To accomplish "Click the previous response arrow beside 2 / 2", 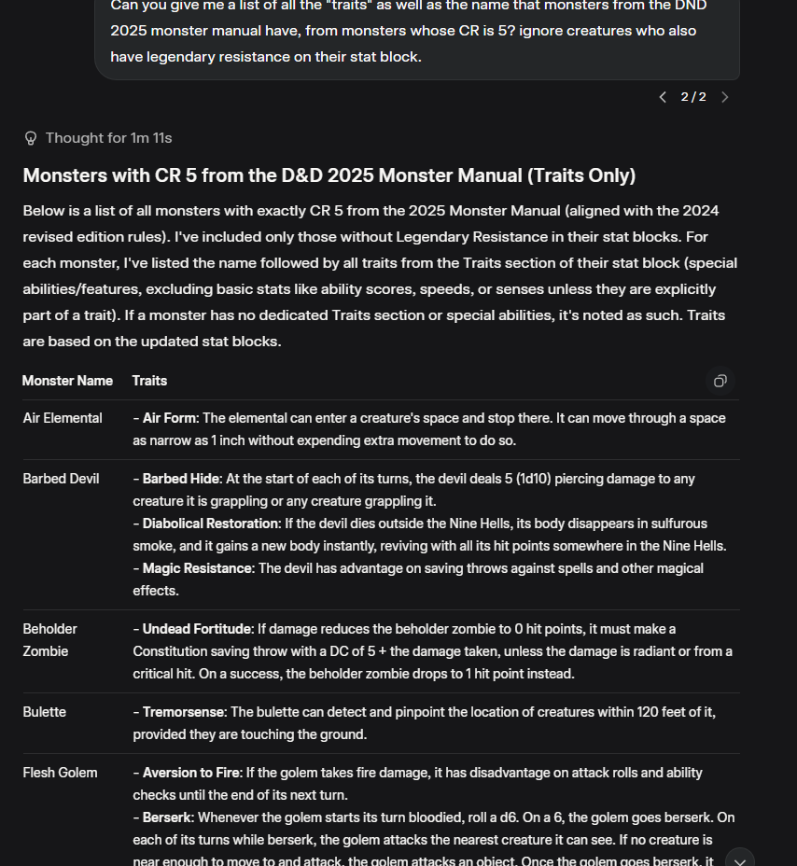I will click(663, 97).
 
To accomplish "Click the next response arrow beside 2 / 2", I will click(725, 97).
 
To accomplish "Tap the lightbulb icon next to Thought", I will click(31, 138).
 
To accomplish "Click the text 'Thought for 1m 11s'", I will click(108, 138).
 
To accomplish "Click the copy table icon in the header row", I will click(720, 381).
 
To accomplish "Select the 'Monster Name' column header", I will click(67, 381).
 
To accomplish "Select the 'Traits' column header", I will click(149, 381).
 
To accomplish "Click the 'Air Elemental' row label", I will click(63, 418).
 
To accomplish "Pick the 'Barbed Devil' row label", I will click(61, 479).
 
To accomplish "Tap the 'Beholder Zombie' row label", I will click(50, 639).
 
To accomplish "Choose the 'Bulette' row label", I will click(45, 712).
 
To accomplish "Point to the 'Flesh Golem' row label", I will click(60, 773).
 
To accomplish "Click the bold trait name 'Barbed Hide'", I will click(181, 479).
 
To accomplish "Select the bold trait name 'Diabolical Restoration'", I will click(210, 524).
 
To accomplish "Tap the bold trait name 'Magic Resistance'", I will click(197, 568).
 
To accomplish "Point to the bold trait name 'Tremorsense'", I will click(183, 712).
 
